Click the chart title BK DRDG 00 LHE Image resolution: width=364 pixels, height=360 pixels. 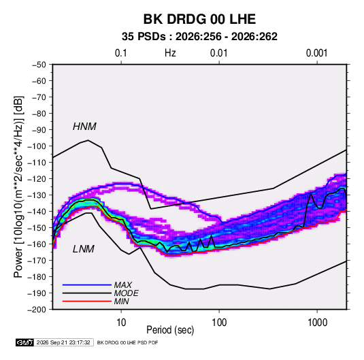(199, 19)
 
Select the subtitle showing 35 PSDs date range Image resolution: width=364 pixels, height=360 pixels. (199, 37)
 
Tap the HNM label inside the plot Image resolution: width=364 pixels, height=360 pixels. (84, 127)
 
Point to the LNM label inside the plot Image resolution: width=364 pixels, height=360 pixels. (84, 249)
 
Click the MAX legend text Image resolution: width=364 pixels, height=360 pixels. (122, 284)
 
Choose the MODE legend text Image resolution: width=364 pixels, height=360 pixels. (126, 293)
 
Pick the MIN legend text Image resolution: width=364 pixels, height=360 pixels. (121, 301)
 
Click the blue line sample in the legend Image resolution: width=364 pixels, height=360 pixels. (87, 284)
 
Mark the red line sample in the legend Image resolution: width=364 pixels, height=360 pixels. (87, 301)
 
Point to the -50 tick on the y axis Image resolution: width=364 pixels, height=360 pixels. (39, 65)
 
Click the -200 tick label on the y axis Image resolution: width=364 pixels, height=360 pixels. (37, 310)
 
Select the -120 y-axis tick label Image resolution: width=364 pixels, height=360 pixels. (37, 179)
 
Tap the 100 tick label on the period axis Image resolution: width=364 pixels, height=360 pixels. (219, 323)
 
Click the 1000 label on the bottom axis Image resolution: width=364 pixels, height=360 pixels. (317, 323)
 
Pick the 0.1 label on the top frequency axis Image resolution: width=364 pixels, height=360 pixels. (121, 53)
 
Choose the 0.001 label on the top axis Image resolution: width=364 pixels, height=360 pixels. (316, 53)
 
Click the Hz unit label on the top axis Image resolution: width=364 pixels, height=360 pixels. (170, 53)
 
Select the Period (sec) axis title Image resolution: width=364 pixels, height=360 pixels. (170, 330)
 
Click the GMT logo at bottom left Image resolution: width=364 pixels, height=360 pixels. (25, 342)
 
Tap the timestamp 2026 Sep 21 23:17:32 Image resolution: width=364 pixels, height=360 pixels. (63, 342)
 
